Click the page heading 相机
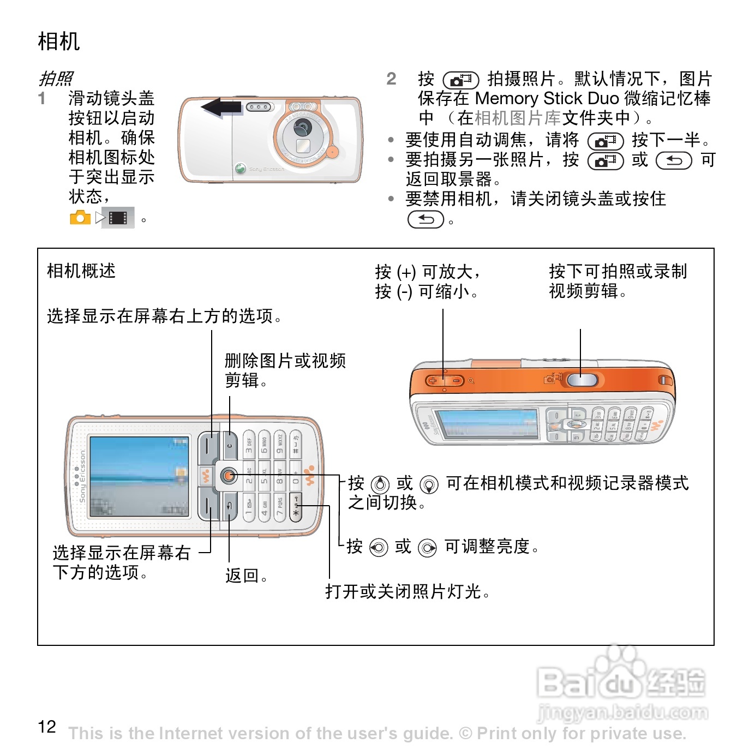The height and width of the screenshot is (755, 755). pos(59,41)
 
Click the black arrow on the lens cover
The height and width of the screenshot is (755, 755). pos(221,107)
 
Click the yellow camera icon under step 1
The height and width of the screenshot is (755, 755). pos(80,218)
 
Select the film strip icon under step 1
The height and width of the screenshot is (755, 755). pos(118,218)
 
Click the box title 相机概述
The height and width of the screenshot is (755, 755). pos(81,271)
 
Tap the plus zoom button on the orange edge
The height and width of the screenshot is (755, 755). pos(433,380)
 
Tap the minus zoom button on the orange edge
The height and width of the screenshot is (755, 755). pos(456,380)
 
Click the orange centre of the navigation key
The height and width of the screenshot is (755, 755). pos(229,476)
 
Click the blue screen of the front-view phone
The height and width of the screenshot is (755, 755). pos(139,476)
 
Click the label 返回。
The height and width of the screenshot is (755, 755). pos(247,576)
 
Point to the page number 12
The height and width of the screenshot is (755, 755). pos(47,727)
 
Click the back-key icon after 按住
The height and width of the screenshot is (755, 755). pos(426,219)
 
